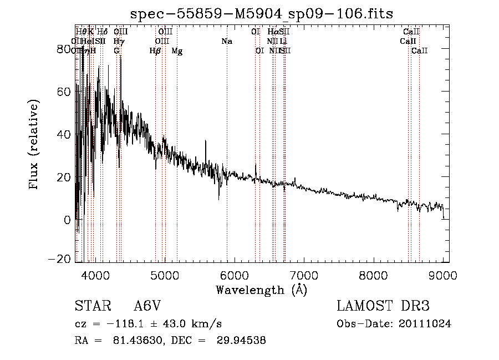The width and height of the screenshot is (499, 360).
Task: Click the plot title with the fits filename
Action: tap(262, 13)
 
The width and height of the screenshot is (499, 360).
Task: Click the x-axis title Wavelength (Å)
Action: tap(261, 290)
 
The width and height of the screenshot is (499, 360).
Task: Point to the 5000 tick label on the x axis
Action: tap(164, 274)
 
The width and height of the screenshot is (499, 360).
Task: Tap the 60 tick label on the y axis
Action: tap(63, 92)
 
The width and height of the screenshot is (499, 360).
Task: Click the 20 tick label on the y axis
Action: tap(63, 177)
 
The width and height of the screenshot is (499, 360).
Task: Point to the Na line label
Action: tap(226, 41)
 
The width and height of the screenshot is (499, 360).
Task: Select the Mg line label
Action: tap(177, 51)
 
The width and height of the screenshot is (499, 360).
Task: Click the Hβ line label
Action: tap(155, 51)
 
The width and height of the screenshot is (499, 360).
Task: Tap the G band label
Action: tap(116, 51)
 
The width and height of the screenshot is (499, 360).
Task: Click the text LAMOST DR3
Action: tap(383, 306)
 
